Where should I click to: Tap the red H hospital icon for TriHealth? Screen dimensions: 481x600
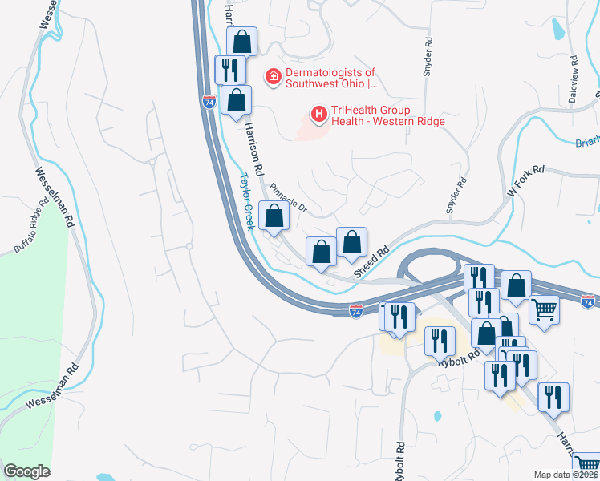click(x=319, y=115)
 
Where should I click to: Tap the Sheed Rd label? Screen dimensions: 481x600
click(x=372, y=262)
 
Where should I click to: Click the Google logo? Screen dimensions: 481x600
click(x=26, y=471)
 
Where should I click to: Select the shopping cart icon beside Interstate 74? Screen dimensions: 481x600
click(x=544, y=308)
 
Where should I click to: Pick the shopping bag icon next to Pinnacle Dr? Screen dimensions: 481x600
click(x=274, y=215)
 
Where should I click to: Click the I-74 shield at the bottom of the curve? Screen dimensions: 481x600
click(x=355, y=309)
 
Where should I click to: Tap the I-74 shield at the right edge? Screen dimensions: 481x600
click(x=588, y=301)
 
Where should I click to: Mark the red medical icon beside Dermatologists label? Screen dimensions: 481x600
click(x=272, y=77)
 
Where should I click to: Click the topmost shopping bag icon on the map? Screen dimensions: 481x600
click(x=241, y=42)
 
